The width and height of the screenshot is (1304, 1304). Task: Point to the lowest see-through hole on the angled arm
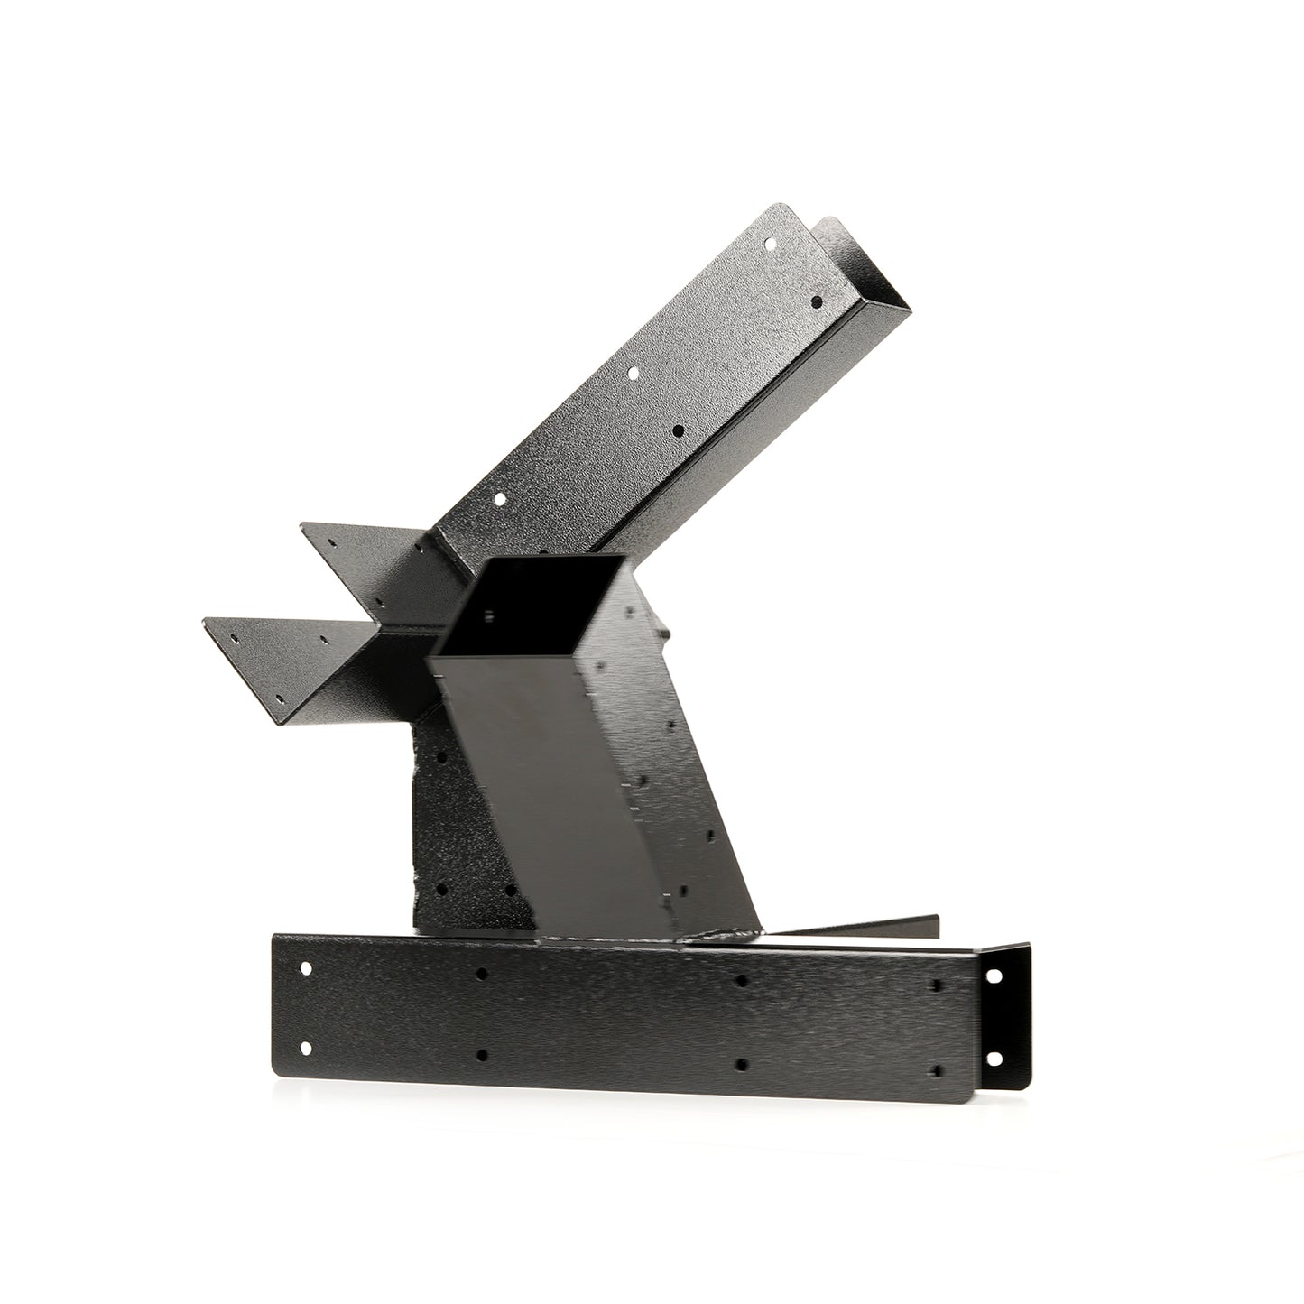point(497,497)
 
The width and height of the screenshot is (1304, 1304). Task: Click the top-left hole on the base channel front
point(305,968)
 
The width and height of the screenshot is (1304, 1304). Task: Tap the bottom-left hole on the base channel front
point(305,1048)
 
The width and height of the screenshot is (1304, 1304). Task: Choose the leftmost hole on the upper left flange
point(331,544)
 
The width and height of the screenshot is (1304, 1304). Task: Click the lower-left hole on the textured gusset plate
point(441,889)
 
